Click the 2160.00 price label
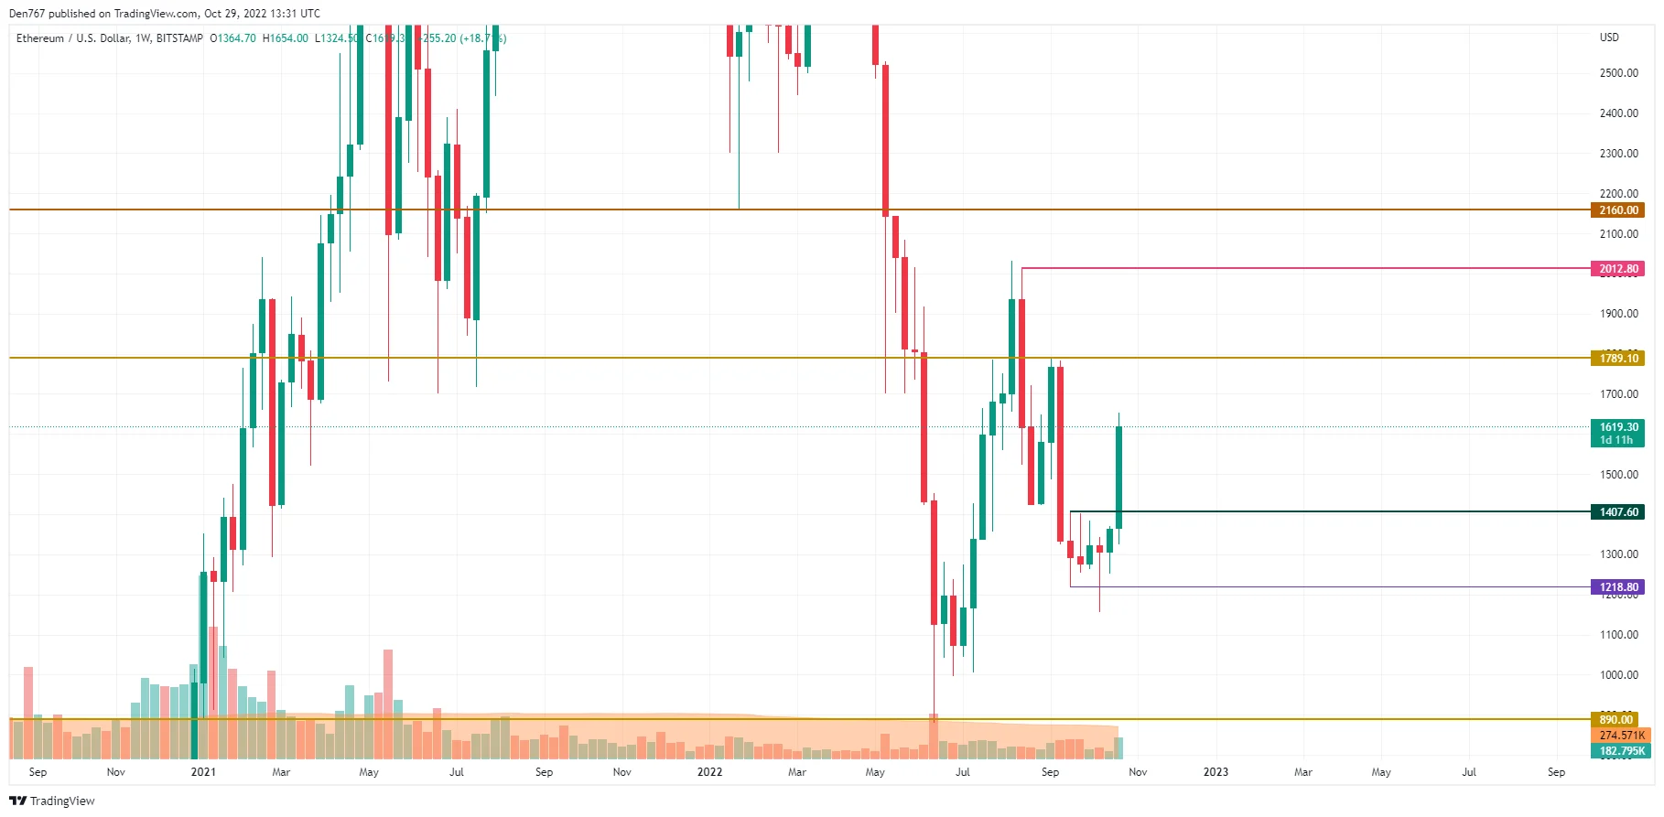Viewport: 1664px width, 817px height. [x=1617, y=210]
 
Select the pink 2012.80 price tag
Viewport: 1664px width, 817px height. [x=1617, y=269]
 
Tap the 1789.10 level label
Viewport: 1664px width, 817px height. [x=1617, y=359]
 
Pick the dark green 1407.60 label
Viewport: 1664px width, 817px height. [x=1617, y=512]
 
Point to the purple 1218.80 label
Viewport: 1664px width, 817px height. [x=1617, y=587]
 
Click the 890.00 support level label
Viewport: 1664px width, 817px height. [x=1615, y=720]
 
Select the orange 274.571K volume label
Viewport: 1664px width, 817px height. [x=1621, y=736]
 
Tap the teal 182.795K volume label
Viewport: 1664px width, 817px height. [x=1621, y=751]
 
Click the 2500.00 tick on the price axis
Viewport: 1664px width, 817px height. [x=1618, y=73]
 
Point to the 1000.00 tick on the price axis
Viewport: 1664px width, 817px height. [x=1618, y=675]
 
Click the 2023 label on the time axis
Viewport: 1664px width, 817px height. [x=1216, y=772]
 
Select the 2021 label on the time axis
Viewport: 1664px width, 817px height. [x=203, y=772]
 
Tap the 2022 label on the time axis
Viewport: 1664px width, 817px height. [x=709, y=772]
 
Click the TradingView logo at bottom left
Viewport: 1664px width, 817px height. [x=52, y=801]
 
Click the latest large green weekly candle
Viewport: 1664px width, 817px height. [x=1118, y=478]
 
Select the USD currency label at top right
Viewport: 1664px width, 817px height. [x=1609, y=38]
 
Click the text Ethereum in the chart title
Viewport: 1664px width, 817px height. [x=40, y=38]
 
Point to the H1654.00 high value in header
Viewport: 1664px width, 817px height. [x=286, y=38]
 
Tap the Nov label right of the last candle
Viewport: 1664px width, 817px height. [x=1138, y=772]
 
